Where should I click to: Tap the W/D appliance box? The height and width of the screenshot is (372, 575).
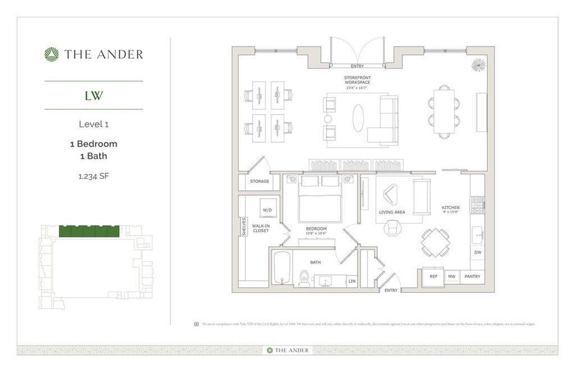(x=268, y=210)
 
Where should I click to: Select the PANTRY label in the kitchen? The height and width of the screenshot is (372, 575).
(x=472, y=276)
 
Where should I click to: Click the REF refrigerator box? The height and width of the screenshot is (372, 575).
(x=433, y=276)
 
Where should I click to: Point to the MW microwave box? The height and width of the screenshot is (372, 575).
(x=452, y=276)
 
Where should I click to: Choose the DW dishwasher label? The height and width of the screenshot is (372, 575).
(x=477, y=252)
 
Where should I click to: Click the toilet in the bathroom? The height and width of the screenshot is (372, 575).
(x=304, y=278)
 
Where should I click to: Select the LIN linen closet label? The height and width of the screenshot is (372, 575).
(x=352, y=281)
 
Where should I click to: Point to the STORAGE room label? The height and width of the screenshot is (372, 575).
(x=259, y=182)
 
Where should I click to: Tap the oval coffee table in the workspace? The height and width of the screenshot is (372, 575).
(x=359, y=118)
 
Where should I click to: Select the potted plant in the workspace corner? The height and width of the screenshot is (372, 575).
(x=478, y=64)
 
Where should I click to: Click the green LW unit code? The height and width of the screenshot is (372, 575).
(x=94, y=95)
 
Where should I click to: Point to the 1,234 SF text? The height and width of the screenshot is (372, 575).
(x=94, y=177)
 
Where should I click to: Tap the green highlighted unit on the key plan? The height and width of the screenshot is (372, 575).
(x=89, y=231)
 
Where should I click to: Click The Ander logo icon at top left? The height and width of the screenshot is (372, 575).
(x=51, y=55)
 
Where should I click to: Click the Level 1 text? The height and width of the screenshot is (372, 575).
(x=94, y=124)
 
